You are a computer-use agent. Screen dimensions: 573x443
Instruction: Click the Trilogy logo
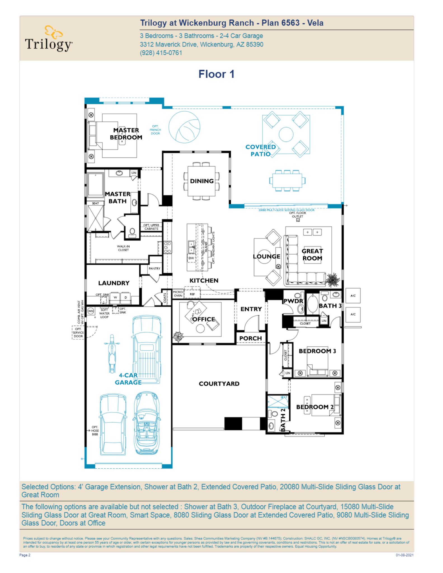49,39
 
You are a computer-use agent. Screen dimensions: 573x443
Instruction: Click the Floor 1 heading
216,74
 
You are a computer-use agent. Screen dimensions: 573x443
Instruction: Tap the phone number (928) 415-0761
161,53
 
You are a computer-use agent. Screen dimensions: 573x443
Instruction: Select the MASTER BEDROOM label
126,134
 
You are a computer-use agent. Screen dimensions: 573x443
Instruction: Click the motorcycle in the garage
112,354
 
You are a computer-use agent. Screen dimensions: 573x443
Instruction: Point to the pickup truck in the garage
147,350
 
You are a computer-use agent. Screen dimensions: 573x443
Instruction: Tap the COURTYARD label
219,384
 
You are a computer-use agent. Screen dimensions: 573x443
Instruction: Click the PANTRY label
154,268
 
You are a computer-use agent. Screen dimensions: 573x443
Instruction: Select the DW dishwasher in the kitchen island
191,258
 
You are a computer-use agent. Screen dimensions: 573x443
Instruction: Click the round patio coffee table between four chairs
286,134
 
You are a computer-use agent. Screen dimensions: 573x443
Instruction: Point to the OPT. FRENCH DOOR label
155,130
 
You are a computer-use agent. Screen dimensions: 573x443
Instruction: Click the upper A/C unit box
353,295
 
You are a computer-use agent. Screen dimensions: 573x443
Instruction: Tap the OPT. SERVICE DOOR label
78,332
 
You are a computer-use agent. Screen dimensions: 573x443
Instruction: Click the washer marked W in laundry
115,297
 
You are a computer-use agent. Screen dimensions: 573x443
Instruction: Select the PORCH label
250,338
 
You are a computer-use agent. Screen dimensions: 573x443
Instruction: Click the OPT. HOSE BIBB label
95,431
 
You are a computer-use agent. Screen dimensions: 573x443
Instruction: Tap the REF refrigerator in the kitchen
192,294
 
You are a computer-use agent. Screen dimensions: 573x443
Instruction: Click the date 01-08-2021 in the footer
404,555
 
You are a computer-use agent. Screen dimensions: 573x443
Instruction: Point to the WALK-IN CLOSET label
123,248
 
